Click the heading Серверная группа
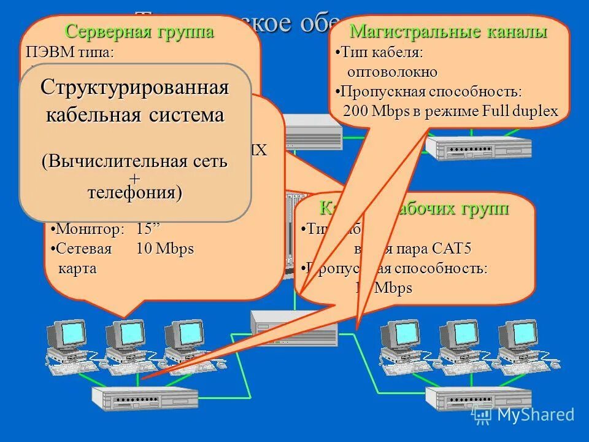140,31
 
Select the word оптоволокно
393,72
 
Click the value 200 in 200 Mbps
355,111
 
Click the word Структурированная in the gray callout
135,88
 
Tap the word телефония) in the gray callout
135,193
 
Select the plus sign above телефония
135,178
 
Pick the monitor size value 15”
148,230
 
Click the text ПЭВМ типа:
70,52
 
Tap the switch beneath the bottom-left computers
145,398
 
